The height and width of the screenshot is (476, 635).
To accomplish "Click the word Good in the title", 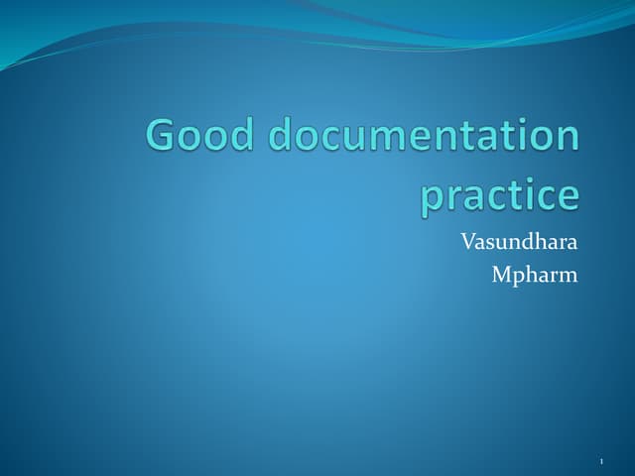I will pyautogui.click(x=197, y=135).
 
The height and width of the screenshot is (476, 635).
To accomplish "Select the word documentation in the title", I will pyautogui.click(x=421, y=135).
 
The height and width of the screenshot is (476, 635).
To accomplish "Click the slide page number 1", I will pyautogui.click(x=602, y=460).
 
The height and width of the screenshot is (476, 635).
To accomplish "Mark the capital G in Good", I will pyautogui.click(x=163, y=135).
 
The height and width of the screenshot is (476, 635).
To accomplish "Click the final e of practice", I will pyautogui.click(x=566, y=196).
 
